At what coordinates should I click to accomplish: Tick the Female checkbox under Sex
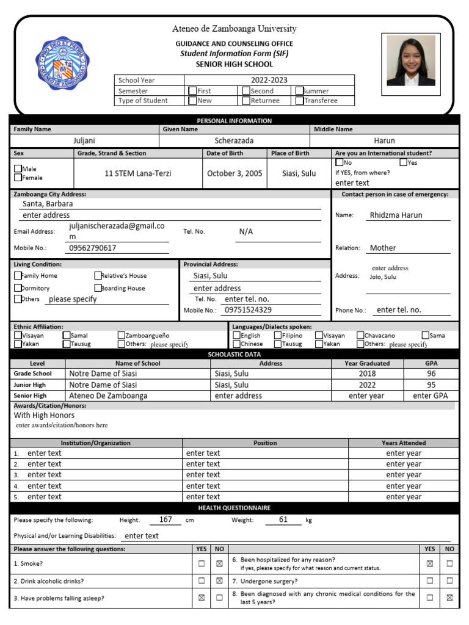[18, 178]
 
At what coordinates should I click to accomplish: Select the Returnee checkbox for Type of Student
[245, 101]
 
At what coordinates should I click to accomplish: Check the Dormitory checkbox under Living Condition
[18, 288]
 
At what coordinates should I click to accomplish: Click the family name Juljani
[84, 140]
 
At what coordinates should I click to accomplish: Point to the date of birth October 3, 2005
[234, 173]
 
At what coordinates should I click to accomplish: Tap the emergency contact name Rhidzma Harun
[396, 215]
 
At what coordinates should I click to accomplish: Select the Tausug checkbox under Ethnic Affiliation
[67, 344]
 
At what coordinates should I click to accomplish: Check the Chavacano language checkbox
[360, 335]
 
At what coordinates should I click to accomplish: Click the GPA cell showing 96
[431, 374]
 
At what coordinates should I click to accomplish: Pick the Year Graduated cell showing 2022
[367, 385]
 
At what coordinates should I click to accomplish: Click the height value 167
[165, 519]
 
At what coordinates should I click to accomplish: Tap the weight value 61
[283, 519]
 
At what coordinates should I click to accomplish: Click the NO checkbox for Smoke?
[219, 563]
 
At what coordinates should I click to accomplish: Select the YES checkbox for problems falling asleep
[202, 598]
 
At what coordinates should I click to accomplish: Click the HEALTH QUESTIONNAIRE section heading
[234, 508]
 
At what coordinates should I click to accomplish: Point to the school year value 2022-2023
[269, 80]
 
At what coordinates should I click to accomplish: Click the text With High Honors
[44, 415]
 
